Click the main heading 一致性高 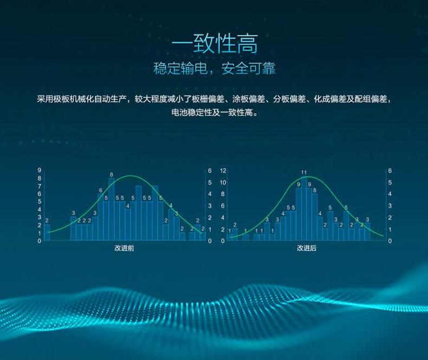click(215, 44)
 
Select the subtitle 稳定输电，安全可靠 click(215, 68)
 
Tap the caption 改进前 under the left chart click(124, 248)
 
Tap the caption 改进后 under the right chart click(307, 248)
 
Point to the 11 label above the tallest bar click(304, 172)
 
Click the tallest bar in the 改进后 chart click(304, 208)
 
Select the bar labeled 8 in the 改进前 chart click(112, 209)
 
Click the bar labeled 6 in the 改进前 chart click(100, 217)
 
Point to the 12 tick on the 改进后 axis click(223, 171)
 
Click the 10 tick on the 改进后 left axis click(223, 182)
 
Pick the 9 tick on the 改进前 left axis click(40, 171)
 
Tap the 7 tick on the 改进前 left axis click(40, 186)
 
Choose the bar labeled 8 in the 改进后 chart click(315, 217)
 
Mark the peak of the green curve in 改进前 click(131, 175)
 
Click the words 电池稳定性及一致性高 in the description click(214, 113)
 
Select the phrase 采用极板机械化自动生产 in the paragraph click(82, 99)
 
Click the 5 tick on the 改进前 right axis click(210, 182)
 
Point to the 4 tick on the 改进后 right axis click(390, 194)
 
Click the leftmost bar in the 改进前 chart click(47, 232)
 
